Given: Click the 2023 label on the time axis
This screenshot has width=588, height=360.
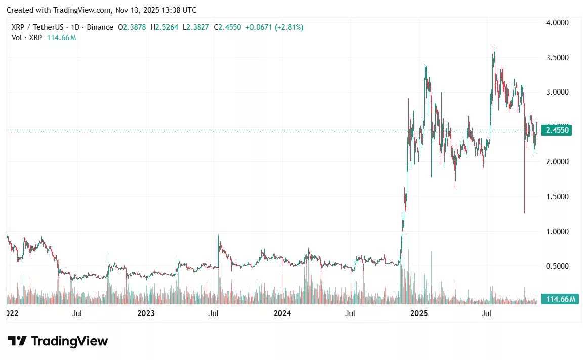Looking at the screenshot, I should point(146,313).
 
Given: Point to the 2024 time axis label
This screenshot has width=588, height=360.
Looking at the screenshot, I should point(282,313).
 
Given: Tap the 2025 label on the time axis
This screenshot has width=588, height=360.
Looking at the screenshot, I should point(419,313).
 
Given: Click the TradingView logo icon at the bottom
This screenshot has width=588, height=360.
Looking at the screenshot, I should point(17,341).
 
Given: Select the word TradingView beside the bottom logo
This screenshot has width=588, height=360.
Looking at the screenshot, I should point(69,341).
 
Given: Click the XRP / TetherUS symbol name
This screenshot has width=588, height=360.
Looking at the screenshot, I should point(34,27).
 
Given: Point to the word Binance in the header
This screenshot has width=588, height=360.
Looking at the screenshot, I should point(100,27).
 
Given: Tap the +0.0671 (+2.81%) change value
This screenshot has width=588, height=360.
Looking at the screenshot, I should point(274,27).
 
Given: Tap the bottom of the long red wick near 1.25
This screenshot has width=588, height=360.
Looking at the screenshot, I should point(524,213).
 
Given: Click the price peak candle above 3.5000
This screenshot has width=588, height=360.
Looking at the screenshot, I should point(493,48).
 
